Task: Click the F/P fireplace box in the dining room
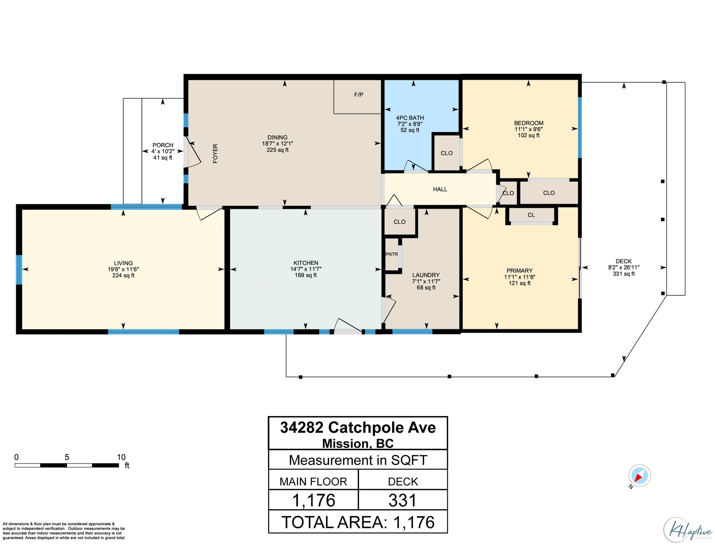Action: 357,96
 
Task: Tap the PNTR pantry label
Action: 392,254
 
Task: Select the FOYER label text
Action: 215,153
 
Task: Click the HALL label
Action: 440,189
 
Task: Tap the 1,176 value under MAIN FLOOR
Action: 313,500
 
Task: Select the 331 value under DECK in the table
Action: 402,500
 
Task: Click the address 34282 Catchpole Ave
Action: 358,428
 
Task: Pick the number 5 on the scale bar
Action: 67,457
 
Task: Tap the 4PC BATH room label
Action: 410,118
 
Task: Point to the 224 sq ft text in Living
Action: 123,275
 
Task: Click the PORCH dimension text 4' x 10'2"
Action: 163,151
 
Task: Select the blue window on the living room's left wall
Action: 19,270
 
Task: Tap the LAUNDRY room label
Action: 426,275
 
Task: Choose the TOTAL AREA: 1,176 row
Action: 358,522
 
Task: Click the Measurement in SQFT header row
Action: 358,460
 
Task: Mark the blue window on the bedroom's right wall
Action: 580,127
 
